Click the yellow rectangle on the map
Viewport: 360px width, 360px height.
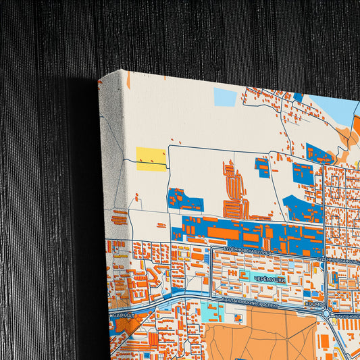151,159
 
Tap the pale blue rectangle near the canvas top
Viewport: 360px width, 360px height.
225,97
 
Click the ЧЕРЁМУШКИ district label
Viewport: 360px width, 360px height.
269,278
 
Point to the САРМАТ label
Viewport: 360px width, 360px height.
124,315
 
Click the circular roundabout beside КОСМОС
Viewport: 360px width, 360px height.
327,313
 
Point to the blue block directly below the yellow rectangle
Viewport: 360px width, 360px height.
185,201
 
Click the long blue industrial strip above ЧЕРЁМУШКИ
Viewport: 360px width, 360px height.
250,234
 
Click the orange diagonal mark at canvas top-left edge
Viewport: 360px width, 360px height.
128,80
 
